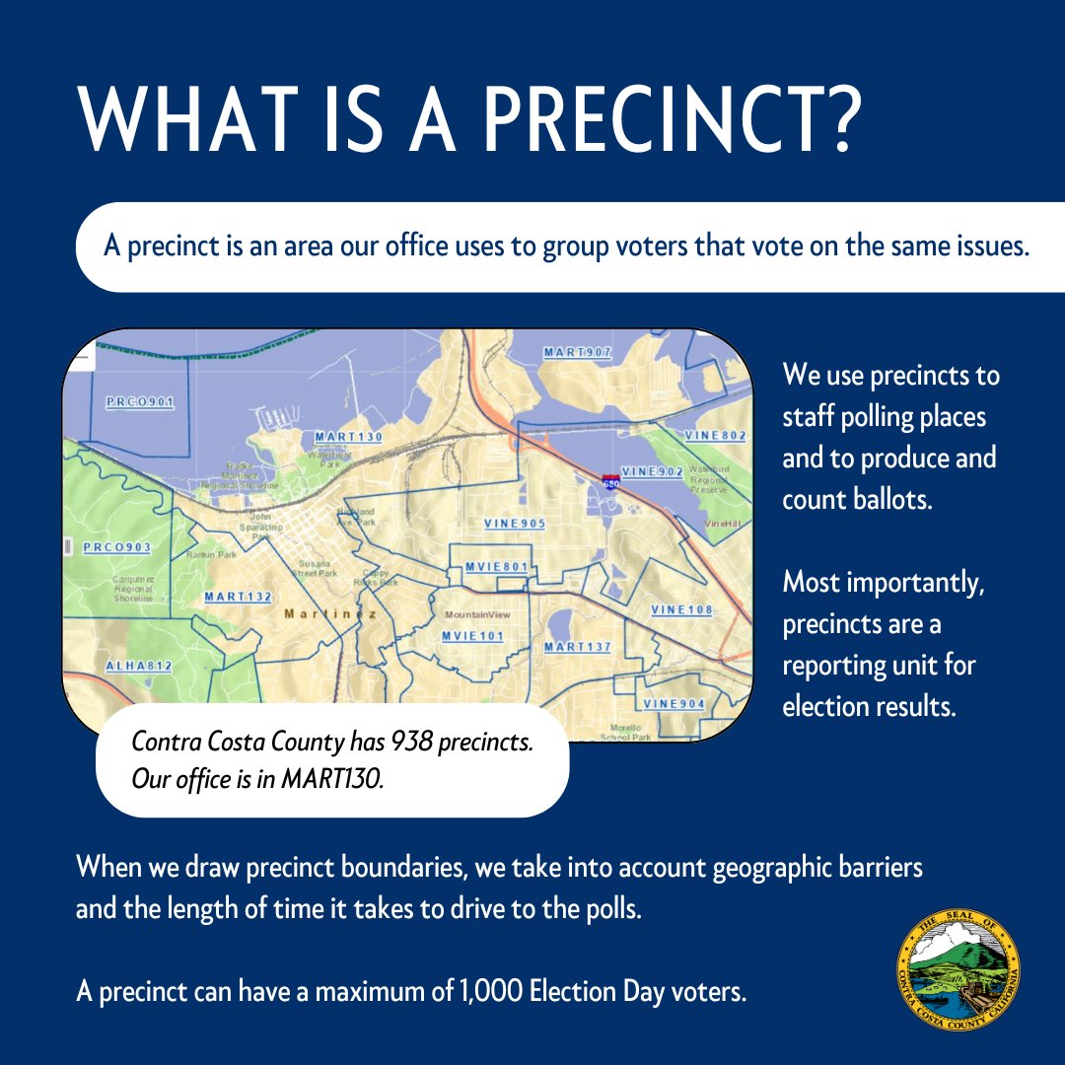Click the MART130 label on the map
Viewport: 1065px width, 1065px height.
tap(348, 436)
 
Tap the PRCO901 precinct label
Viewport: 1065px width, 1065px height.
tap(139, 402)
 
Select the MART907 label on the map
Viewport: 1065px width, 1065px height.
tap(578, 352)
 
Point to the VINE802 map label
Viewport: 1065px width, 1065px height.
tap(715, 435)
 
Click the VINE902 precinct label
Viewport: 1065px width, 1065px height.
tap(653, 472)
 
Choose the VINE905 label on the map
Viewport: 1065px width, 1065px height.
tap(515, 524)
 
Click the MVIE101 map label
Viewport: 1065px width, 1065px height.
tap(472, 636)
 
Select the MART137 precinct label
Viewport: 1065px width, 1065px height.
tap(578, 647)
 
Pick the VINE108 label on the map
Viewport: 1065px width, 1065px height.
tap(681, 610)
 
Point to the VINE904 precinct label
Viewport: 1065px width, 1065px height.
tap(674, 704)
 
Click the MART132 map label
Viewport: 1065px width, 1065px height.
tap(238, 597)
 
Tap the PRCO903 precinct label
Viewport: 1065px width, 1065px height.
tap(117, 547)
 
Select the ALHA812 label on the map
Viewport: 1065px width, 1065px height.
tap(139, 667)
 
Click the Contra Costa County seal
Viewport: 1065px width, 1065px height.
tap(958, 967)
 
